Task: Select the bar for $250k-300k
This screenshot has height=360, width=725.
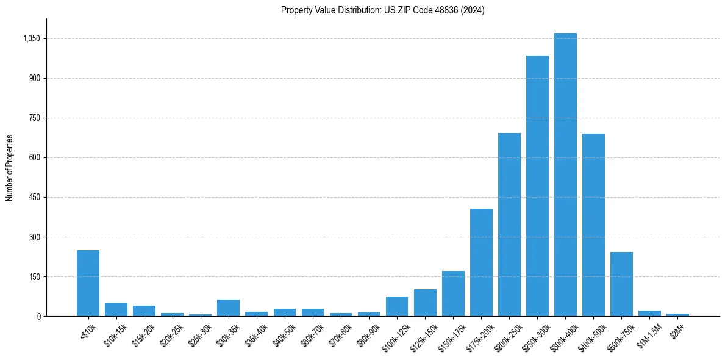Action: coord(537,186)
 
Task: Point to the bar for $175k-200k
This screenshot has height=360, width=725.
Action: coord(481,262)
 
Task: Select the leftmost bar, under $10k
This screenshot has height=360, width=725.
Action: coord(88,283)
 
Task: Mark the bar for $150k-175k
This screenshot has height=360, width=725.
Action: coord(453,293)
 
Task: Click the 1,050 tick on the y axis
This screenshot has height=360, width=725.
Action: coord(31,38)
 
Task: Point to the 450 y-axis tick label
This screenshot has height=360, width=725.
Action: coord(34,198)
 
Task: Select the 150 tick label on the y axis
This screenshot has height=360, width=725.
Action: coord(34,277)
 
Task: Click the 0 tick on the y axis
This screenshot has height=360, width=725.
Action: coord(38,317)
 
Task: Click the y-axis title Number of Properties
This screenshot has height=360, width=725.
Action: coord(10,168)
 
